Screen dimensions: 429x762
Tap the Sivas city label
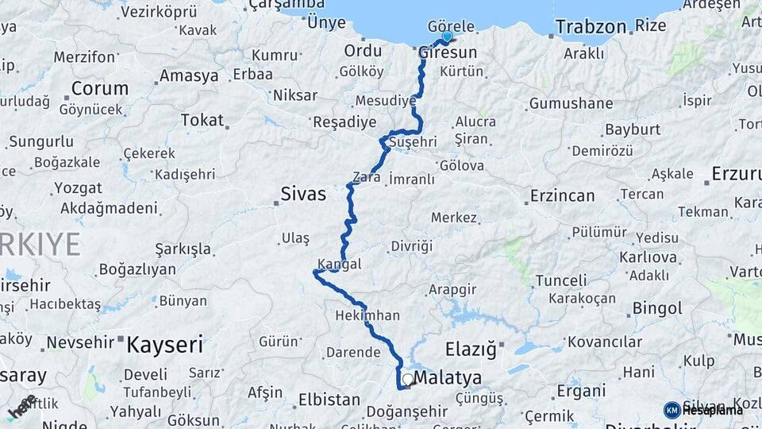coord(303,193)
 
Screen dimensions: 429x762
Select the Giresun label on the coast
coord(448,52)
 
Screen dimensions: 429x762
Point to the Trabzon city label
coord(591,26)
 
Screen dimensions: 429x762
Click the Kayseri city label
coord(165,345)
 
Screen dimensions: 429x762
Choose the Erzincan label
coord(562,195)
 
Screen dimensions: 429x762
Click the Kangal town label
coord(340,264)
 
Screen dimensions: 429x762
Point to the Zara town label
coord(368,177)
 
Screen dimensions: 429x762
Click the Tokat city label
coord(202,120)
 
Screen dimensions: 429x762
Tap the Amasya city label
coord(189,76)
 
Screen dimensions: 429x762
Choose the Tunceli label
coord(561,280)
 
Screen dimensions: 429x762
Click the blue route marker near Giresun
coord(447,37)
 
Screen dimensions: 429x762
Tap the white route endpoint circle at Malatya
coord(407,380)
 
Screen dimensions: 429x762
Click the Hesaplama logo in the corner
coord(704,409)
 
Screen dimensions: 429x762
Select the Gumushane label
coord(571,103)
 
